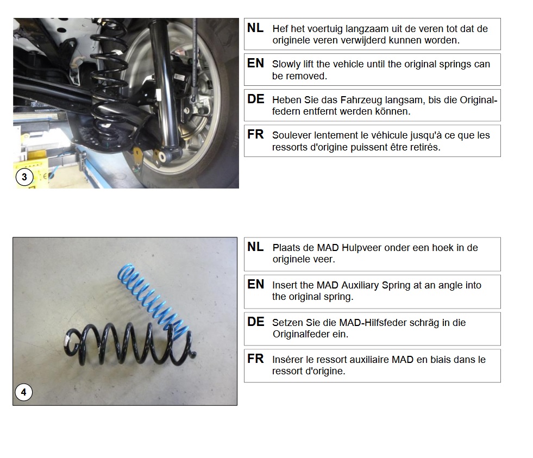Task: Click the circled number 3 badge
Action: pyautogui.click(x=24, y=177)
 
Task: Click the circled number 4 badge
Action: pyautogui.click(x=23, y=392)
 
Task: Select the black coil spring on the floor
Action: pyautogui.click(x=129, y=343)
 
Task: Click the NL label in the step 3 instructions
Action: pyautogui.click(x=255, y=28)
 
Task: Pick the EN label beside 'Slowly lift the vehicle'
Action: pyautogui.click(x=255, y=63)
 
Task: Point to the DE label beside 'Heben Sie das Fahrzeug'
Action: pyautogui.click(x=255, y=99)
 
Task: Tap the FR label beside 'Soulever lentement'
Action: pyautogui.click(x=255, y=134)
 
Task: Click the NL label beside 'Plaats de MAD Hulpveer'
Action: pyautogui.click(x=255, y=247)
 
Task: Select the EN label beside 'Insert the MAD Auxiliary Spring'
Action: pyautogui.click(x=255, y=284)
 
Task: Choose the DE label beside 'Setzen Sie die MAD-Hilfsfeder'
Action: pyautogui.click(x=255, y=322)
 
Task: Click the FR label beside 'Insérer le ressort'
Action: pyautogui.click(x=255, y=359)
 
